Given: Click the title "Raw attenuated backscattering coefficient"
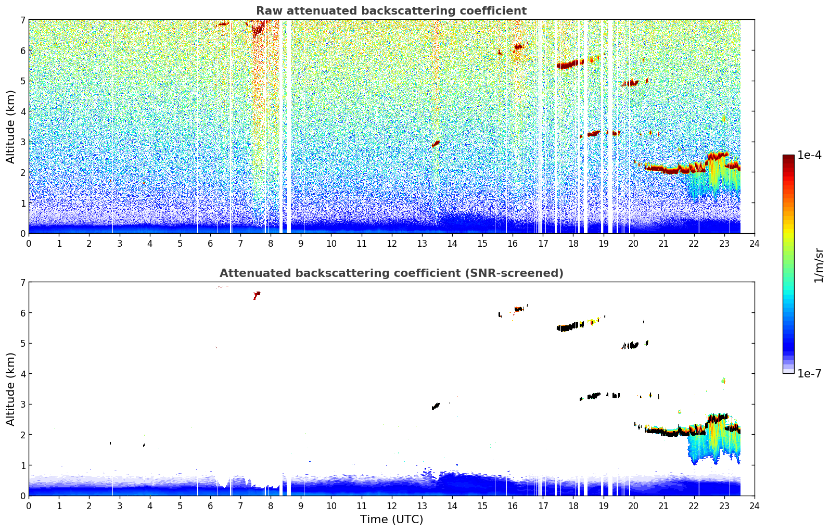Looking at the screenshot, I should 391,11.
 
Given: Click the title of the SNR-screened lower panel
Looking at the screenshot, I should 391,273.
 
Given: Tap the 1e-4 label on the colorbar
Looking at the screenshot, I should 809,155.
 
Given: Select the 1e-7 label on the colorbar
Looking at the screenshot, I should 809,373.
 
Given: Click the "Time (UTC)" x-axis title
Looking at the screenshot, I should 391,520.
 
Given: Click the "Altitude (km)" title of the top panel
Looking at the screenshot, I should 11,127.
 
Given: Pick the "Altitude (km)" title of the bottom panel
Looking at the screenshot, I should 11,389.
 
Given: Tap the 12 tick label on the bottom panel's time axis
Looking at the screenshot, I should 391,506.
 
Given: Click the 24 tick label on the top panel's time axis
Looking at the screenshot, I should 754,244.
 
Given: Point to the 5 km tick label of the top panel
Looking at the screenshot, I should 22,81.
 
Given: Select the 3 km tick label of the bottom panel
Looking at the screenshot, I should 22,404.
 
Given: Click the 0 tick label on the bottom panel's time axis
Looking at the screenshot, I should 29,506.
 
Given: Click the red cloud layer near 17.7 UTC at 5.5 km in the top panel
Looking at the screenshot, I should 569,65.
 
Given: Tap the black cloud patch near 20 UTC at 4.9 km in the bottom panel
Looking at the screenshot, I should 631,345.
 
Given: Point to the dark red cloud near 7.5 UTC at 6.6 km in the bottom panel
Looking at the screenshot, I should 256,295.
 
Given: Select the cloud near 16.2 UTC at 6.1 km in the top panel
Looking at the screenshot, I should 518,46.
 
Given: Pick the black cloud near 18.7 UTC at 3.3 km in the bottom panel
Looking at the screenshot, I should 594,396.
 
